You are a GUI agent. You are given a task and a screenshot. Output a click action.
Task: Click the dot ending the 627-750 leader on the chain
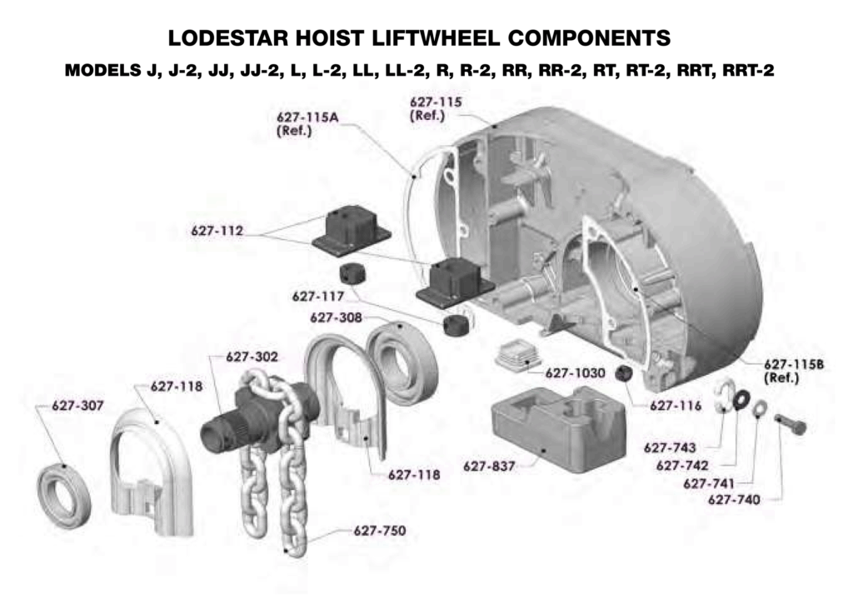pos(287,550)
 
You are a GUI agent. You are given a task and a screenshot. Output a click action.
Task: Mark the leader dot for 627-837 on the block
pos(543,451)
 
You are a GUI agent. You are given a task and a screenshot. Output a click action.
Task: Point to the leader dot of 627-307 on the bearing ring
pos(63,466)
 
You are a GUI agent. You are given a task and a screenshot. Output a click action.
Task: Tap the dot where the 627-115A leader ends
pos(415,176)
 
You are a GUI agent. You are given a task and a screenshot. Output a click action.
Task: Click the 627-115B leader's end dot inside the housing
pos(636,289)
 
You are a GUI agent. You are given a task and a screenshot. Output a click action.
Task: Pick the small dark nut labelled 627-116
pos(623,374)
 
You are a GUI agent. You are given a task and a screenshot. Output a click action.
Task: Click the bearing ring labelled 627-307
pos(64,495)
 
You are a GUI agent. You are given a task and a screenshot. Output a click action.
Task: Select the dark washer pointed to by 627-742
pos(741,399)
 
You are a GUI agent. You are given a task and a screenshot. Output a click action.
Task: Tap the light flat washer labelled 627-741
pos(760,409)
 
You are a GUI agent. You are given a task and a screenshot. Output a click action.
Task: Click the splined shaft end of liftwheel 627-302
pos(217,431)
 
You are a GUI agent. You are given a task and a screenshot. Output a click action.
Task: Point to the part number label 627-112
pos(217,231)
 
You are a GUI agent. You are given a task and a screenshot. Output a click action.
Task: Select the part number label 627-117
pos(318,297)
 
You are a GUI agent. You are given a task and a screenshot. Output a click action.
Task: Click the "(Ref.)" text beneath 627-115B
pos(781,377)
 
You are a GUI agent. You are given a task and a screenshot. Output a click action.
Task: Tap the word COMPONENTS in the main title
pos(589,38)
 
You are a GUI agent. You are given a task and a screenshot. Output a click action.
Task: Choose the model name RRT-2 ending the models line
pos(749,70)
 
